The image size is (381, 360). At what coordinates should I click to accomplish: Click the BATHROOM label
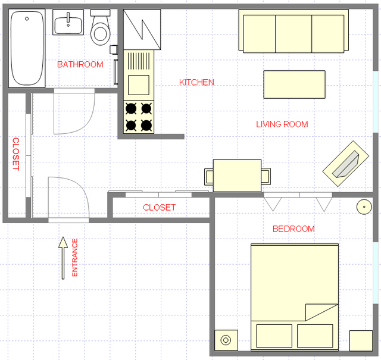point(80,65)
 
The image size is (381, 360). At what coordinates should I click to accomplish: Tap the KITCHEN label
point(196,82)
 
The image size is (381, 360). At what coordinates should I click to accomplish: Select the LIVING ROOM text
point(282,124)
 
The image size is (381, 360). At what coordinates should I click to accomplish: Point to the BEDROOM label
point(293,229)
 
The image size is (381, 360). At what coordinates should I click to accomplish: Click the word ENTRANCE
point(75,258)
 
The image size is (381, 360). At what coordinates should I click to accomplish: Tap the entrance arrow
point(63,258)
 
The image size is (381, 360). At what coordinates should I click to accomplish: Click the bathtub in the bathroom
point(27,48)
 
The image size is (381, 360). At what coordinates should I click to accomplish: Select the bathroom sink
point(68,22)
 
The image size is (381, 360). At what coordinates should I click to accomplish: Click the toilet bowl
point(101,33)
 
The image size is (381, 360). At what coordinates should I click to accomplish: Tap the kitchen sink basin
point(139,85)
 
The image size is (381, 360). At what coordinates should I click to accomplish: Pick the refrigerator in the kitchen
point(142,29)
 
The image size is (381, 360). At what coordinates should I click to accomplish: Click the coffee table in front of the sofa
point(295,84)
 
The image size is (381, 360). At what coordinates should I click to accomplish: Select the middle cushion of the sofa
point(293,34)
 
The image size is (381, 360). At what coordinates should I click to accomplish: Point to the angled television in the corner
point(346,164)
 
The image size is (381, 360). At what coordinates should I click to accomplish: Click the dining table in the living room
point(237,176)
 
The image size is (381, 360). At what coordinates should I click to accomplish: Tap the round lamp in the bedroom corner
point(364,207)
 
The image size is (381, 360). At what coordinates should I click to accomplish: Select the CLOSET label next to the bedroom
point(159,208)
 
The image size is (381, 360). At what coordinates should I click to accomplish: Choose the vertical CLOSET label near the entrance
point(16,154)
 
